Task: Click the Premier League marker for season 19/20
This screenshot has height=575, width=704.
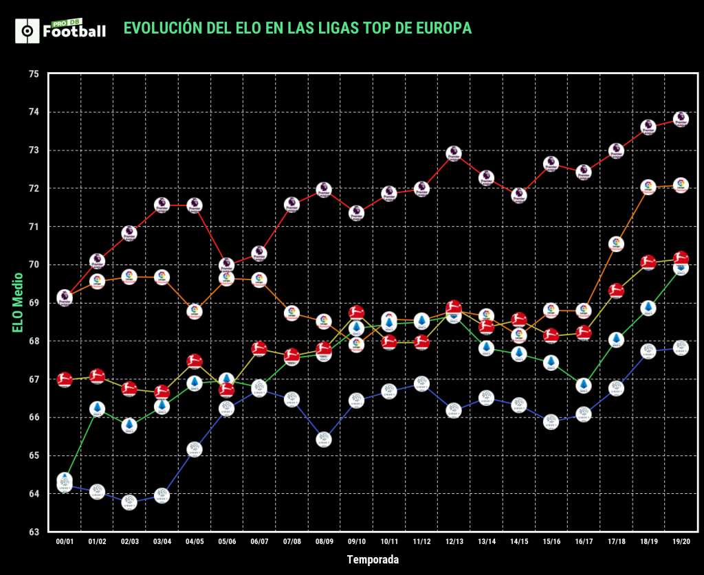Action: [x=681, y=119]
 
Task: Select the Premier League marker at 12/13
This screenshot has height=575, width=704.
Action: [x=454, y=153]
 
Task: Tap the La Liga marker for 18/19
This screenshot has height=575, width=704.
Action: [x=648, y=187]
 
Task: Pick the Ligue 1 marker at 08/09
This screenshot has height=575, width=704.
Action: [x=324, y=440]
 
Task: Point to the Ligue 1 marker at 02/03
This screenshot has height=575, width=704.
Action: [x=129, y=502]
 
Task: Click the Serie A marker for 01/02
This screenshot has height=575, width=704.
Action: [x=97, y=409]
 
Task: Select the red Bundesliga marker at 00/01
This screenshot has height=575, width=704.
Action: [x=65, y=379]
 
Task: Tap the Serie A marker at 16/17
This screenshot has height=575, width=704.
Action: [x=584, y=385]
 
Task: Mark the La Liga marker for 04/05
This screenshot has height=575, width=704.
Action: [x=195, y=311]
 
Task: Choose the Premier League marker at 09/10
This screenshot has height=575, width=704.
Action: [x=356, y=213]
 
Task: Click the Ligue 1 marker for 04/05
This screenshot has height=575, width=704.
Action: [x=195, y=450]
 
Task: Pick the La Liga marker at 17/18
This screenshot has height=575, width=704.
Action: [x=616, y=244]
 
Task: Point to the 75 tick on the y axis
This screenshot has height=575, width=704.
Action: [x=33, y=74]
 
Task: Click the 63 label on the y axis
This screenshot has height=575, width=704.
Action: [x=33, y=532]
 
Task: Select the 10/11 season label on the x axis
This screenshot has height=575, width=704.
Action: [x=388, y=542]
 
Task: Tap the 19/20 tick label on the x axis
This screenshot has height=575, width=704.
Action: [x=681, y=542]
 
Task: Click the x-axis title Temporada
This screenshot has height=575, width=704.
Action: [x=372, y=560]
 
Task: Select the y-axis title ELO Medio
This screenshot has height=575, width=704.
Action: [x=18, y=303]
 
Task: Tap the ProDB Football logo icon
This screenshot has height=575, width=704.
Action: [x=26, y=31]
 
